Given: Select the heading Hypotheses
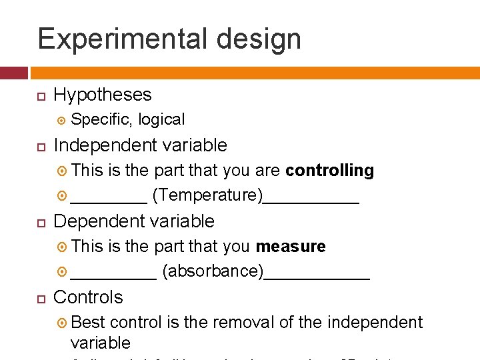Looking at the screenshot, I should (x=103, y=95).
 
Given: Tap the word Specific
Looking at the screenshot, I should (x=101, y=119).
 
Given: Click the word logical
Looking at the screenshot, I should (x=161, y=119).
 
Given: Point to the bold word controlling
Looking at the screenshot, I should (x=329, y=171).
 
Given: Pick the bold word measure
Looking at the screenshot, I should (x=291, y=247).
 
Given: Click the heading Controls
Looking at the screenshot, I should (x=88, y=297).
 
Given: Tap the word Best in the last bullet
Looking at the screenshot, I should (x=88, y=323).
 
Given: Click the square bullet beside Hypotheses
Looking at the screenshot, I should (x=41, y=95).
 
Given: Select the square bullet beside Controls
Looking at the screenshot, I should (x=41, y=298).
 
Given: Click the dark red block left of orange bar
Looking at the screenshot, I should (x=13, y=73).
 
